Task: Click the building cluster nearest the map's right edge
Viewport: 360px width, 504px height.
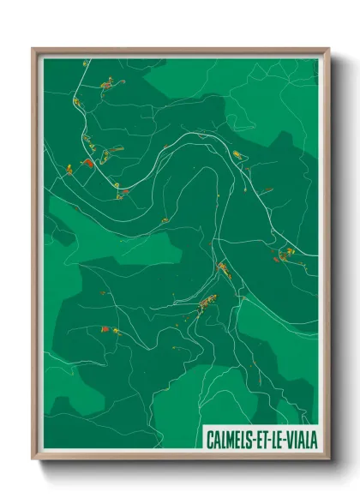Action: tap(284, 254)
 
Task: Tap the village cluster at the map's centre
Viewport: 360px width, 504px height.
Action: tap(206, 302)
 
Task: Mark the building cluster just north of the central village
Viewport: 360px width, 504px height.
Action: tap(222, 270)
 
